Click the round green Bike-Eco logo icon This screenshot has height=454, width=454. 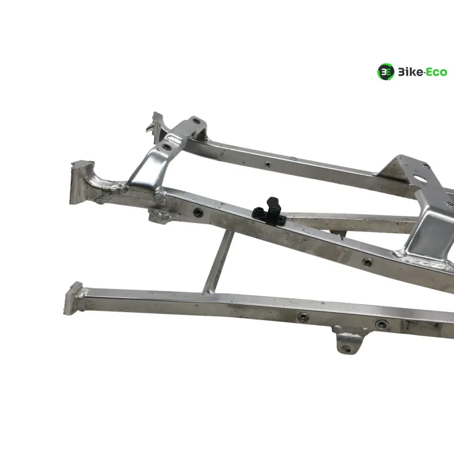(x=385, y=72)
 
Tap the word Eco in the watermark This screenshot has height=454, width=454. (x=436, y=72)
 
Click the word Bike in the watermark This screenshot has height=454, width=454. (x=409, y=72)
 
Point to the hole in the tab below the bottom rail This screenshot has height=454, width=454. (x=344, y=349)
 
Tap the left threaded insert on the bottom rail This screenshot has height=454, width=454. (x=303, y=317)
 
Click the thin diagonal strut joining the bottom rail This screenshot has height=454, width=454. (x=218, y=261)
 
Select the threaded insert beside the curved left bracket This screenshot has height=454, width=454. (x=198, y=212)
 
